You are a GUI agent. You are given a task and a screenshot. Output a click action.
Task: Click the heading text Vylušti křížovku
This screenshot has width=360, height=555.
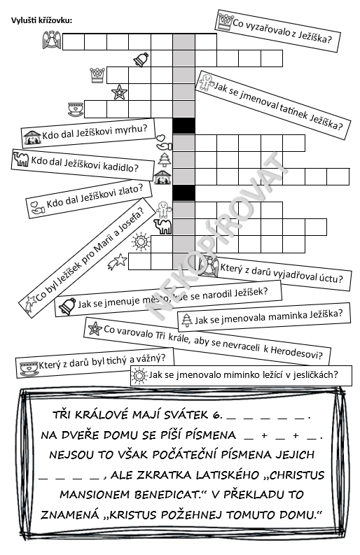coord(41,20)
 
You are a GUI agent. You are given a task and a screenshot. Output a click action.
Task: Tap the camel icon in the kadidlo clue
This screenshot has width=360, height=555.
coord(20,158)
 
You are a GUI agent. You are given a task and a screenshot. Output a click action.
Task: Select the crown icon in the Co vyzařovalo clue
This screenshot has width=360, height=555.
coord(225,21)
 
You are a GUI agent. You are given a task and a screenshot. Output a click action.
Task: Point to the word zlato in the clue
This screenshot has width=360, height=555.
coord(129,190)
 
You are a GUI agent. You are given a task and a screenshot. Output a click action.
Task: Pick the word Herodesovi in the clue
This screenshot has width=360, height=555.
coord(296,353)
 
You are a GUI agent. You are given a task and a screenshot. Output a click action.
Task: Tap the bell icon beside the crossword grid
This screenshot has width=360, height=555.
coord(141,59)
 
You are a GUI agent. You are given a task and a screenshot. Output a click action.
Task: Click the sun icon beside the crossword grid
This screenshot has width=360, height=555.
coord(140,241)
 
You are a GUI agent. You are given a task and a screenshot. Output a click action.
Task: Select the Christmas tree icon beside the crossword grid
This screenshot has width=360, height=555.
coord(164,160)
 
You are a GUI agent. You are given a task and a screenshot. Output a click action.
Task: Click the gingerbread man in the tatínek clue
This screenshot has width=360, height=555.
coord(206,81)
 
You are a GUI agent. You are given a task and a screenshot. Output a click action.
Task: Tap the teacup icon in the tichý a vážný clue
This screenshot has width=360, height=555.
coord(29,368)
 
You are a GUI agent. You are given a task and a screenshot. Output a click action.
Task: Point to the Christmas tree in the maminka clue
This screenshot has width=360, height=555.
coord(187,320)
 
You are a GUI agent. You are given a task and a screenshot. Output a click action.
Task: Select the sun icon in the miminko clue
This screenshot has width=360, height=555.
coord(139,375)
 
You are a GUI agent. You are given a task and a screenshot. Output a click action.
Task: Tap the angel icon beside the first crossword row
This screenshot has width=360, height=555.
coord(52,40)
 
